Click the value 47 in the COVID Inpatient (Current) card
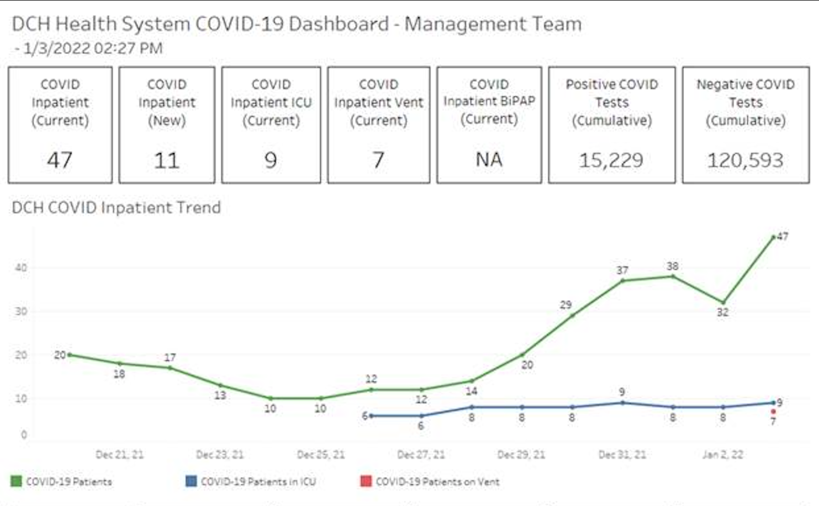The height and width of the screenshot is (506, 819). tap(60, 160)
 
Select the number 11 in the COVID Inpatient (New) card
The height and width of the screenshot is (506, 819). tap(167, 161)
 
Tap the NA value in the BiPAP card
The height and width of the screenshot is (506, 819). tap(489, 159)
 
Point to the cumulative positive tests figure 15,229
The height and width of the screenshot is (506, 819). tap(611, 161)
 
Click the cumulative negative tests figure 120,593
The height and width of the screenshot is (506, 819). tap(745, 161)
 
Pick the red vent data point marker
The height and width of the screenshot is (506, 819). tap(773, 412)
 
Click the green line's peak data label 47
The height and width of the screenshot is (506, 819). tap(783, 237)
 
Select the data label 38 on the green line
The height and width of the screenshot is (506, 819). tap(672, 266)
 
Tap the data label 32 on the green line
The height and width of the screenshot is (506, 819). tap(722, 312)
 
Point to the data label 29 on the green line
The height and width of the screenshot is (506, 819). tap(565, 305)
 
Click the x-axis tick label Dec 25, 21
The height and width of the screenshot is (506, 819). tap(320, 455)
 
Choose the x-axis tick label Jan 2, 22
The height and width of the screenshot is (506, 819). tap(723, 455)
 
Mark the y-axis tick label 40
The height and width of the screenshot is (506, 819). tap(21, 268)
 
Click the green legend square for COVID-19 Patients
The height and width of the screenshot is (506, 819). tap(16, 481)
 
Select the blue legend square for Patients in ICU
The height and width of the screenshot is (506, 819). tap(191, 481)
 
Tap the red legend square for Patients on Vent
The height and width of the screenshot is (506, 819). tap(366, 481)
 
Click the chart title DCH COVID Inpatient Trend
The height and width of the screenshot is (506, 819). tap(116, 208)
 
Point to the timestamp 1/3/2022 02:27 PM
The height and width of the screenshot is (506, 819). tap(93, 48)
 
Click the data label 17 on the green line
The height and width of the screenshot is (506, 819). tap(170, 357)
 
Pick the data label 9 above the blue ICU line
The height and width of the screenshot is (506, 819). tap(622, 392)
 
